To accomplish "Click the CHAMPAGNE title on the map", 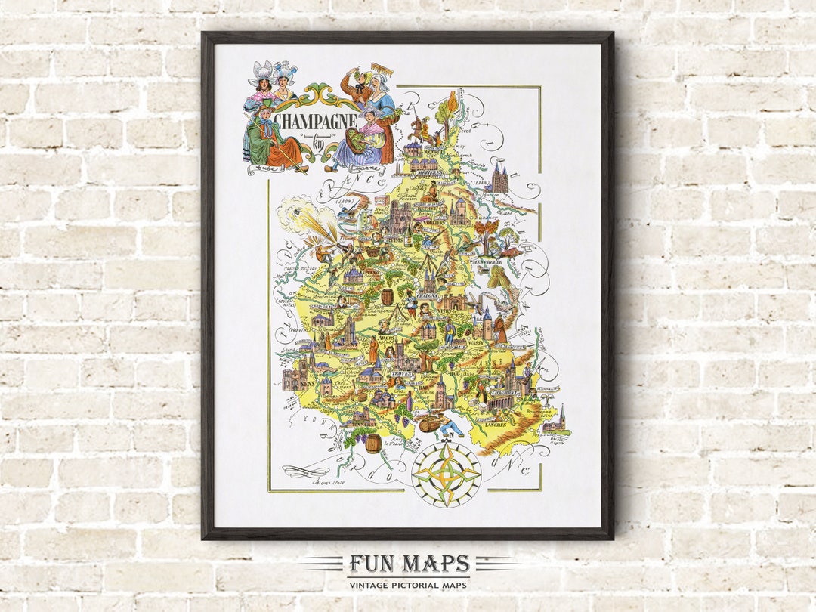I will point(315,121).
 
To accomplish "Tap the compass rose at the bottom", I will point(446,474).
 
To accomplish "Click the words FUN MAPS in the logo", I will point(409,564).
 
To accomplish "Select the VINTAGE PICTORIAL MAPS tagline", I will point(408,585).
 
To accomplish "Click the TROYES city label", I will point(401,373).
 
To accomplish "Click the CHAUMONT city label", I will point(507,393).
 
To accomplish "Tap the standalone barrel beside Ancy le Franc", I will point(373,443).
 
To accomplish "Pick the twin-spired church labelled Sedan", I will point(499,181).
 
